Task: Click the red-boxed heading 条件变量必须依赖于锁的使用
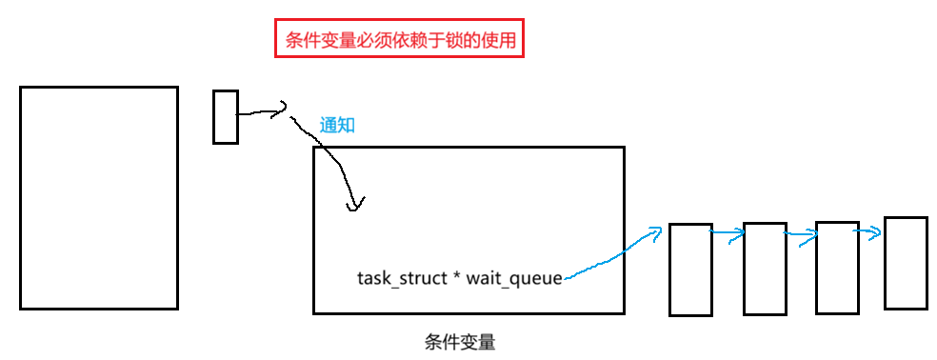(399, 38)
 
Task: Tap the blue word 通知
(337, 125)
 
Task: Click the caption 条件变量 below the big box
(460, 342)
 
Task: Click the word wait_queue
(514, 279)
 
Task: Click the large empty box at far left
(99, 198)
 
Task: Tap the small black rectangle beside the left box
(226, 117)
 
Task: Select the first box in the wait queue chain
(690, 270)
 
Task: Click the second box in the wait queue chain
(765, 269)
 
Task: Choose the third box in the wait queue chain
(837, 268)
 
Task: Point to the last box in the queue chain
(906, 263)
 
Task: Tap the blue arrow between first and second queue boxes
(728, 233)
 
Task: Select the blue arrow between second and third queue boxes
(801, 234)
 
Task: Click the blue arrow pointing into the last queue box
(867, 232)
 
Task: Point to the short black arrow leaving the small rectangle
(263, 111)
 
